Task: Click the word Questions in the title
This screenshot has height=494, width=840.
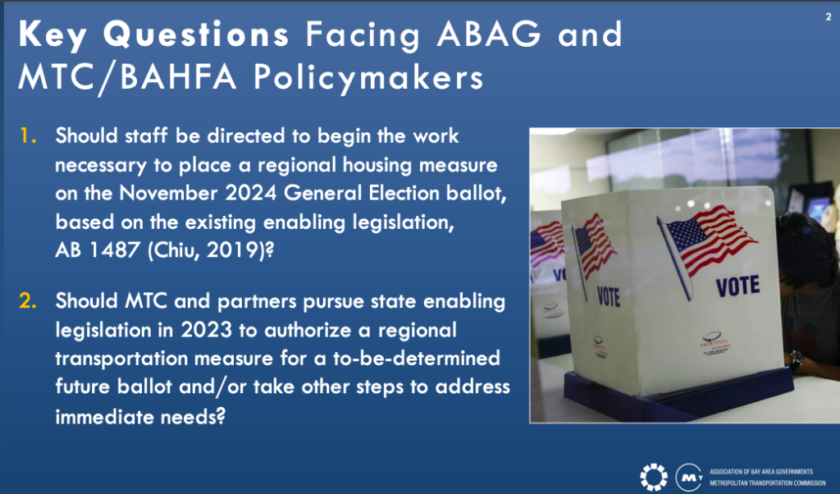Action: click(x=196, y=34)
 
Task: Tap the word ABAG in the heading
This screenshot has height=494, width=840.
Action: click(x=489, y=34)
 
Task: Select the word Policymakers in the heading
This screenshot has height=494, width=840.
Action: click(x=368, y=78)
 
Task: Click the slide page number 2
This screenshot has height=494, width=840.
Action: click(x=829, y=16)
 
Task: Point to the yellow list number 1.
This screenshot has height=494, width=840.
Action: click(x=28, y=135)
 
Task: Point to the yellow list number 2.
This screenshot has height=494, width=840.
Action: click(x=28, y=300)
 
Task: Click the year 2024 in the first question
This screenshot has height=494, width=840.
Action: click(x=250, y=193)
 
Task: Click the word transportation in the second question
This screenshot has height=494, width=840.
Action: click(x=122, y=359)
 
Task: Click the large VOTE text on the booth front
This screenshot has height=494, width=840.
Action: click(x=737, y=286)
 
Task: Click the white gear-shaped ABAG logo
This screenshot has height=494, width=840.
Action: click(x=654, y=476)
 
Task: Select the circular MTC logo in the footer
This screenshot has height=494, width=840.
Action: click(x=689, y=477)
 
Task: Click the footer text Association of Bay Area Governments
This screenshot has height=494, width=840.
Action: click(x=760, y=472)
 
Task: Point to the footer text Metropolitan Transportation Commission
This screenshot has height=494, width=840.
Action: click(x=767, y=483)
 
